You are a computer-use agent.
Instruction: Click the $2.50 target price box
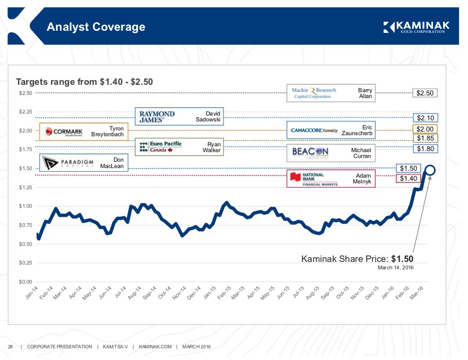(425, 93)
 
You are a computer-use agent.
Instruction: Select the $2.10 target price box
(425, 118)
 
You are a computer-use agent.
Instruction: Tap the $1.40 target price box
(409, 179)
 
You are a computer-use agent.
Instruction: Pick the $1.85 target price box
(425, 138)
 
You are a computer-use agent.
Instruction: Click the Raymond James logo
(157, 117)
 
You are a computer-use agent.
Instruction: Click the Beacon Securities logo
(311, 153)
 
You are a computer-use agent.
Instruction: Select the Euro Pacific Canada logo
(158, 147)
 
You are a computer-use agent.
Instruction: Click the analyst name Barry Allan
(365, 93)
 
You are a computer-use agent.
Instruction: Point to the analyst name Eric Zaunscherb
(358, 130)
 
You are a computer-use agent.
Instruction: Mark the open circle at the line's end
(430, 170)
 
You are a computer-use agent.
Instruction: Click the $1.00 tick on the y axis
(26, 206)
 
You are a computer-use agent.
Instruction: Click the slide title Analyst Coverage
(96, 27)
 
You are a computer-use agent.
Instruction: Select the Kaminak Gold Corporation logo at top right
(415, 27)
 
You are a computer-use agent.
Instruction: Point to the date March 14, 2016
(395, 268)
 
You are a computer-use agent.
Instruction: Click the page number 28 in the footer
(10, 347)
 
